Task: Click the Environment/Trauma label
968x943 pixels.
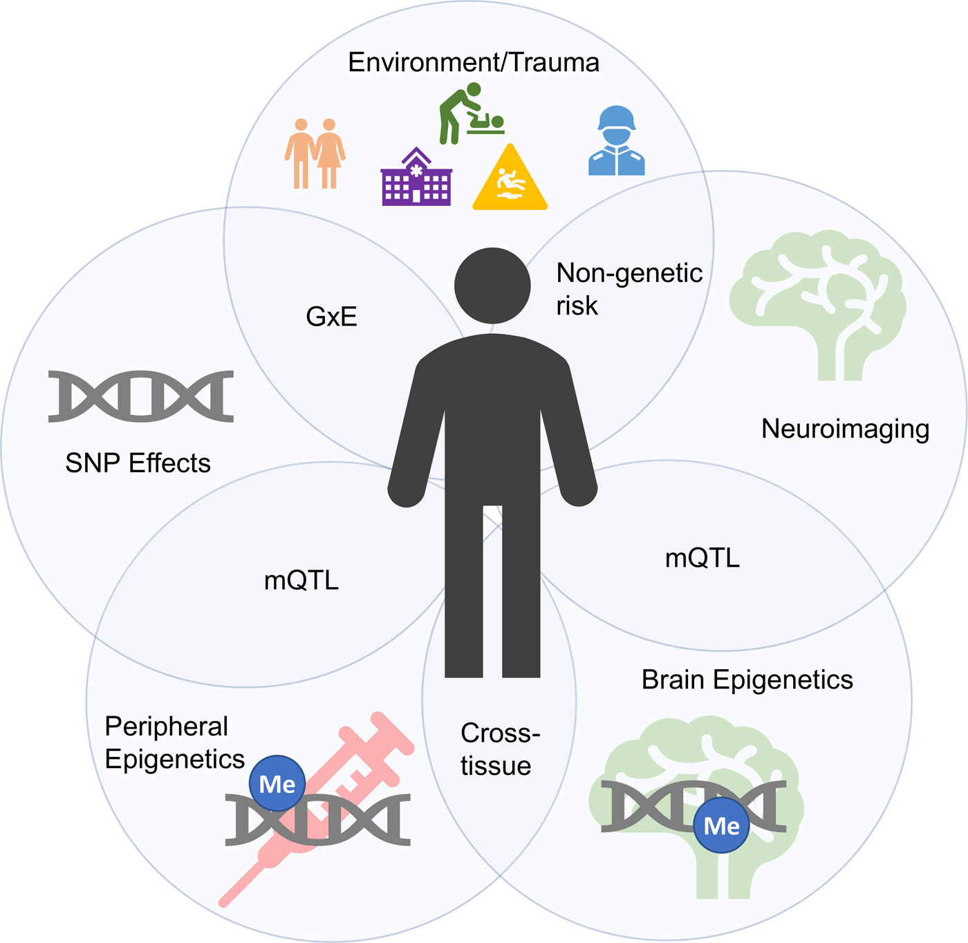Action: coord(474,63)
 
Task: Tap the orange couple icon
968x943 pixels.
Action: coord(315,153)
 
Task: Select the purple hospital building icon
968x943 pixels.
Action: coord(416,178)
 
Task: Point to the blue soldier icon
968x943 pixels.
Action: coord(617,141)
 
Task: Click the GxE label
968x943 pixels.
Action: coord(331,317)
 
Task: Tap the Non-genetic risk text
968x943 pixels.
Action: coord(629,289)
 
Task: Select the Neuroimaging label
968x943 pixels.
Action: coord(845,429)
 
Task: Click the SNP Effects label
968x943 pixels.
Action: coord(138,463)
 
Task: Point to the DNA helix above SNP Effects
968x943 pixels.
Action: coord(141,396)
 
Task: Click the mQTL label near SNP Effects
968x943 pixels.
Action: coord(301,580)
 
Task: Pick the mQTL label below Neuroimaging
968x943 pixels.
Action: coord(702,558)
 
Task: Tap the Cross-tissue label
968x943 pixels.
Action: coord(500,749)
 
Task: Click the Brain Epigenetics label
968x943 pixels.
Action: coord(747,680)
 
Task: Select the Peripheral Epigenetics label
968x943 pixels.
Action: coord(174,743)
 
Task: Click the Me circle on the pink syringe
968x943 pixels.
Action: coord(277,784)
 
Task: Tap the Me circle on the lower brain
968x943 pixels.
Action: coord(722,825)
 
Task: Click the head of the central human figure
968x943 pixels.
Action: coord(492,286)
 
